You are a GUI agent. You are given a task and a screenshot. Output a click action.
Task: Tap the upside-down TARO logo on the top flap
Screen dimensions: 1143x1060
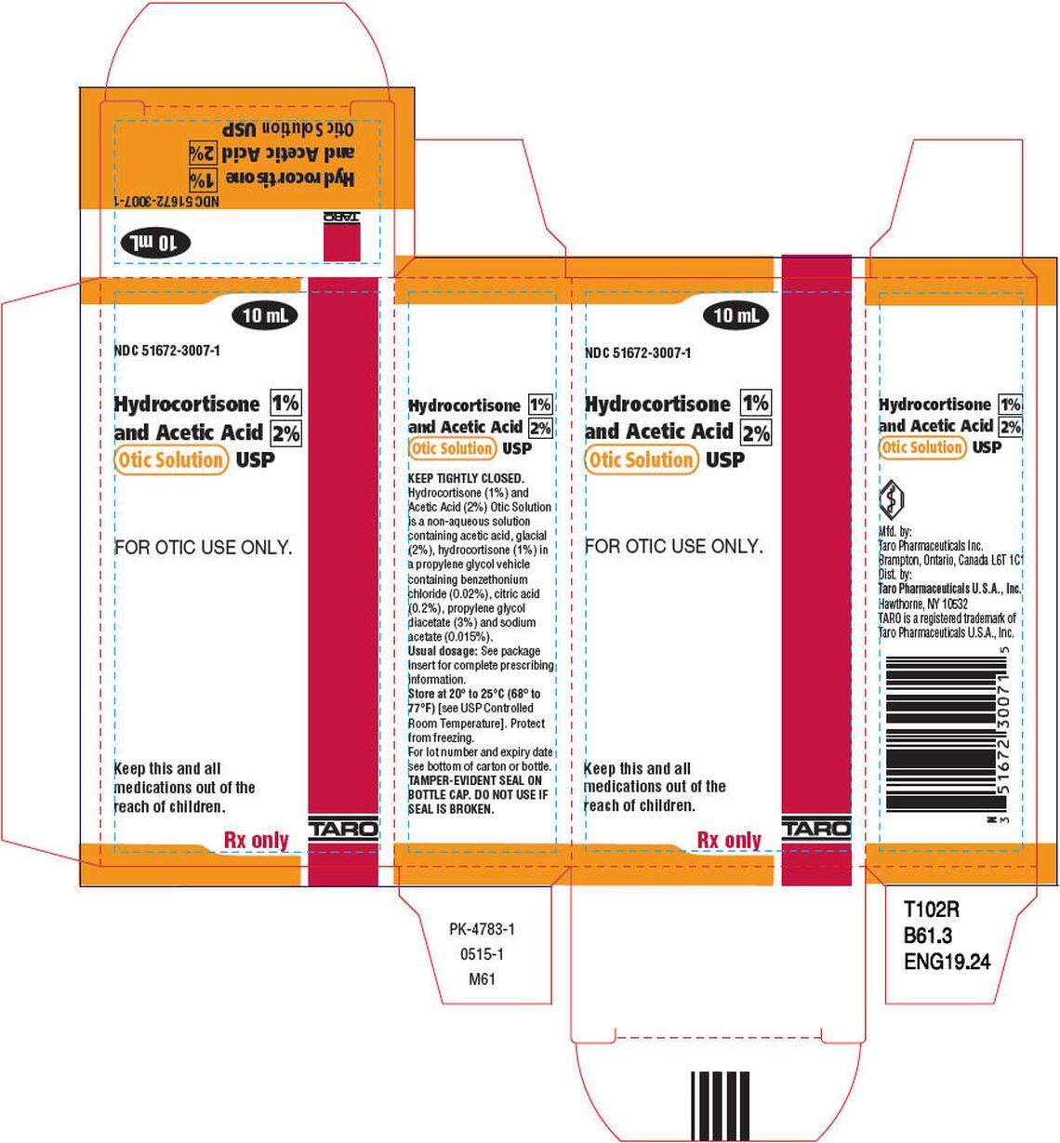[x=339, y=217]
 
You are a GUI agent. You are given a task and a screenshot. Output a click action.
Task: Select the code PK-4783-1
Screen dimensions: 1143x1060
[x=482, y=929]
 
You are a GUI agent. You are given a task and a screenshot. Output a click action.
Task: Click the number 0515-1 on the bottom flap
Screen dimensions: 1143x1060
[x=482, y=954]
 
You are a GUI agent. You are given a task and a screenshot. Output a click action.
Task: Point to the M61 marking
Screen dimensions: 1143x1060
[x=482, y=978]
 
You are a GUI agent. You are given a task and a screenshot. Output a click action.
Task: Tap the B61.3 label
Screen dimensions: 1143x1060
[x=928, y=936]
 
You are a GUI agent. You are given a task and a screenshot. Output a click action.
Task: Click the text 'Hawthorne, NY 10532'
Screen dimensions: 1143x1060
[x=923, y=604]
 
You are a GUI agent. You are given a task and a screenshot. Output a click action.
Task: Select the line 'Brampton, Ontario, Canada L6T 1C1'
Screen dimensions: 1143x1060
[x=950, y=561]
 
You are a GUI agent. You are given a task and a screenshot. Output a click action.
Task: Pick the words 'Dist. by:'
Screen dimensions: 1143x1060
[x=894, y=575]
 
